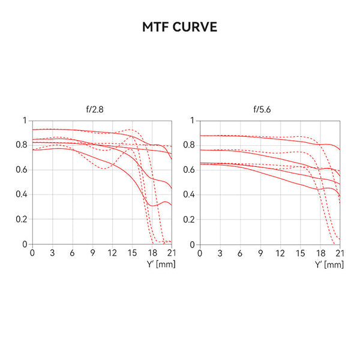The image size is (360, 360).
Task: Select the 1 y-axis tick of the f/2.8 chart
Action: [x=25, y=121]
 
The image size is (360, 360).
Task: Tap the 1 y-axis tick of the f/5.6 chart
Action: [x=192, y=121]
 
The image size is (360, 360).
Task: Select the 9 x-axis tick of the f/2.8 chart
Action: [x=92, y=253]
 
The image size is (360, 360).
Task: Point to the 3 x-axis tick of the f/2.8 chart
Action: [x=52, y=253]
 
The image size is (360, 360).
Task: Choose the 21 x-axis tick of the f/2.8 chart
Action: [x=172, y=253]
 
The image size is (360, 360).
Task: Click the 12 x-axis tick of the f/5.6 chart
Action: [x=280, y=253]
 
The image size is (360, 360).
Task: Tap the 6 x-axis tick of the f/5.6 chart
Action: [x=240, y=253]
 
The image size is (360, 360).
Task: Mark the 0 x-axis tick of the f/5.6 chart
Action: [x=200, y=253]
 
